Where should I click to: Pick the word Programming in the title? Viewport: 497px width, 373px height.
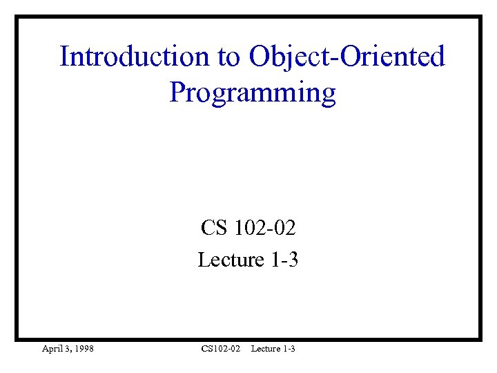click(x=253, y=93)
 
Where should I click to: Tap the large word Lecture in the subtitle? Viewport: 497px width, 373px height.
click(x=231, y=260)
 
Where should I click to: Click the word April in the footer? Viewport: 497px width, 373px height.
click(x=52, y=349)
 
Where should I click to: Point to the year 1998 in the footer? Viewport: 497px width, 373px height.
click(x=84, y=349)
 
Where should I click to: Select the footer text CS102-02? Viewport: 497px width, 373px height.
click(x=221, y=349)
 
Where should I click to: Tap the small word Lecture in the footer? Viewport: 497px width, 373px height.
click(x=266, y=349)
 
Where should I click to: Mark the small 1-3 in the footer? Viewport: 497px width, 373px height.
click(x=290, y=349)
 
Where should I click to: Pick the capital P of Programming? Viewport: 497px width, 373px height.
click(x=177, y=92)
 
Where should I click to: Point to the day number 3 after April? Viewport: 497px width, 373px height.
click(x=68, y=349)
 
